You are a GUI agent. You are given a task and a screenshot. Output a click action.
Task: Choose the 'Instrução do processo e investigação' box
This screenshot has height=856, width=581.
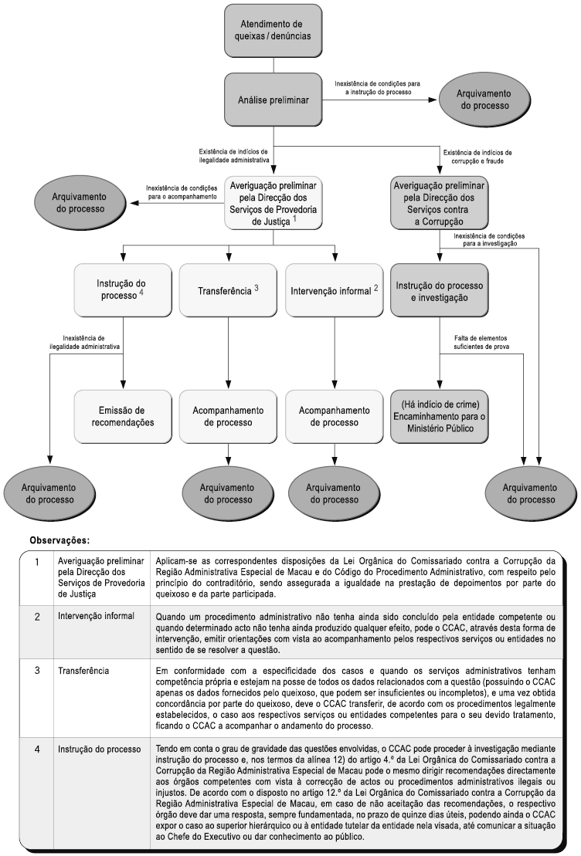(440, 291)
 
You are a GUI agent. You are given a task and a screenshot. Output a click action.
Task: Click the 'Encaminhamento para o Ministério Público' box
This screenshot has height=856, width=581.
(440, 417)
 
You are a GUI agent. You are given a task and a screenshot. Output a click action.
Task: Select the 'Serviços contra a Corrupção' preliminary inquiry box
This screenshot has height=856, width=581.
(440, 202)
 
